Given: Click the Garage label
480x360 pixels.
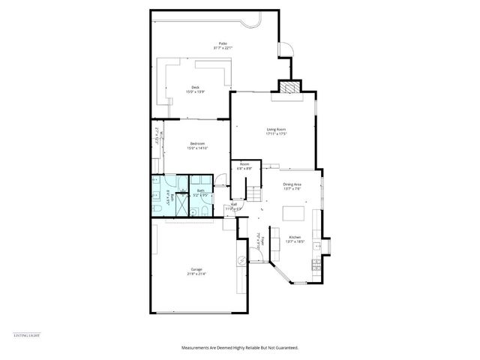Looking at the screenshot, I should (x=196, y=271).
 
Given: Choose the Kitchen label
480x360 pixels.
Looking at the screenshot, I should (x=295, y=239).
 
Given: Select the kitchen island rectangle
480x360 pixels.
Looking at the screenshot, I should (x=295, y=215).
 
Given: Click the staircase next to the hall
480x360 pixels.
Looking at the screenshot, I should (x=256, y=193).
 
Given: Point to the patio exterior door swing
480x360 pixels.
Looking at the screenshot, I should (x=284, y=50).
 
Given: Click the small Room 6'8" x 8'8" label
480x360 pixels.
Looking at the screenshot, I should (x=244, y=166).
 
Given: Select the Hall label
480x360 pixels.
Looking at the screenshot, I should (x=234, y=205).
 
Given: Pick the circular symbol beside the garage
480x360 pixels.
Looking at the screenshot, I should (x=241, y=261).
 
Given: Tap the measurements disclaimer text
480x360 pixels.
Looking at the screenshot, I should (x=239, y=348).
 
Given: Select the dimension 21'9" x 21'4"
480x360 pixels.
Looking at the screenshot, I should (x=196, y=274).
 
